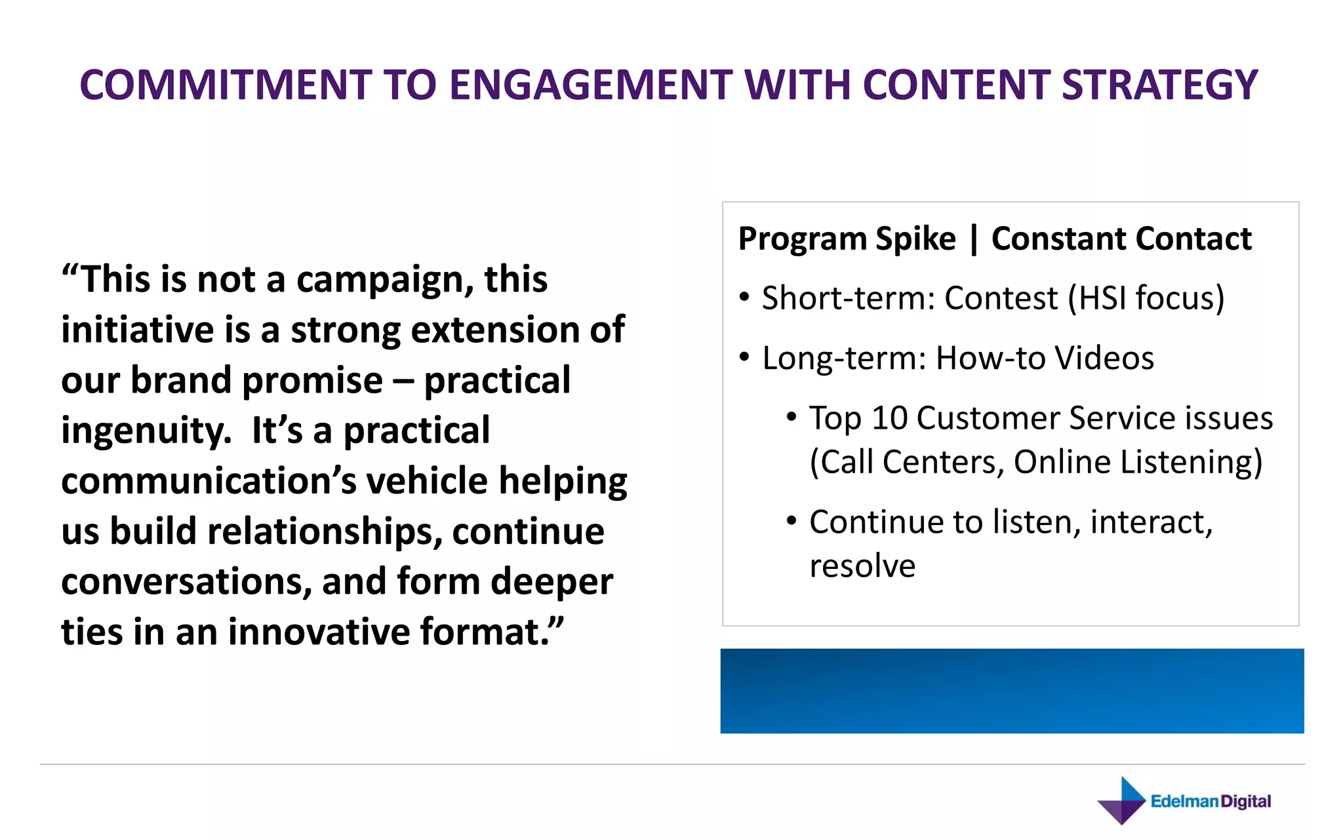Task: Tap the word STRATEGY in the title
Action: (1159, 85)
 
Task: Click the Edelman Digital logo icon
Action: (1122, 801)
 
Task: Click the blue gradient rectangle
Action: (1012, 691)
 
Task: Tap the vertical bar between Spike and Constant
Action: (974, 239)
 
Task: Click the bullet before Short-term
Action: (744, 298)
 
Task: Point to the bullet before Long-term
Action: (744, 357)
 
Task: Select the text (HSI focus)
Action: (1146, 298)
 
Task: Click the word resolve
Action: (862, 566)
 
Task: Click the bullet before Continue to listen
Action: (792, 521)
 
